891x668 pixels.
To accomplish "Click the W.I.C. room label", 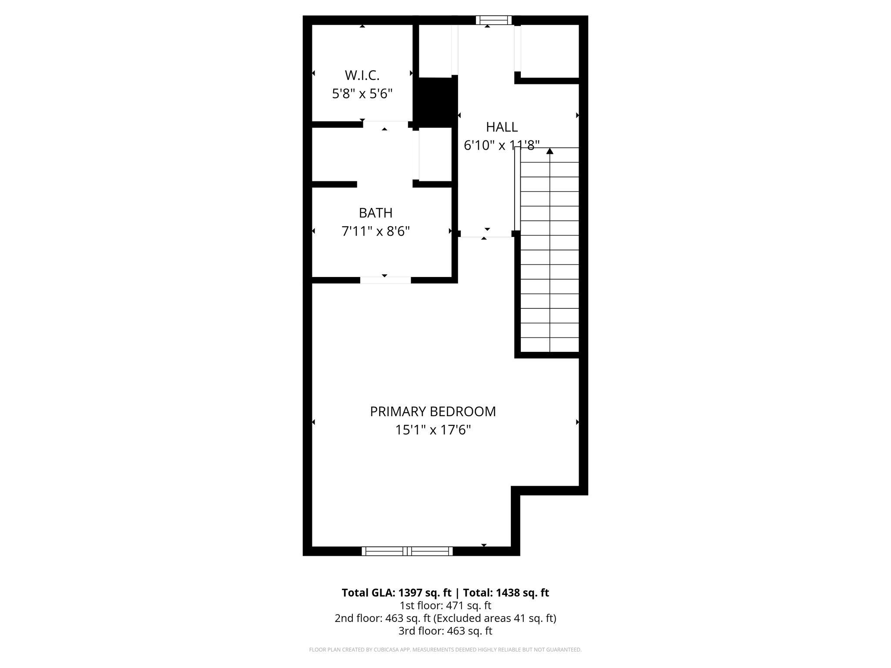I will pyautogui.click(x=362, y=75).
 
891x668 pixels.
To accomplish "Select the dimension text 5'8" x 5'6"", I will pyautogui.click(x=362, y=94).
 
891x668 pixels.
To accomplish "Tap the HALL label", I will pyautogui.click(x=502, y=127).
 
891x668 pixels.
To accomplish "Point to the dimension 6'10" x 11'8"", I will pyautogui.click(x=502, y=145).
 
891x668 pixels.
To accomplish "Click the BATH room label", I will pyautogui.click(x=375, y=213).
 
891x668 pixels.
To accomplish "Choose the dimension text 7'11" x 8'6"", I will pyautogui.click(x=375, y=231).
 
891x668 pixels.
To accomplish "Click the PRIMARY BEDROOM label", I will pyautogui.click(x=432, y=411).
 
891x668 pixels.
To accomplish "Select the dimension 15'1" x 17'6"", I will pyautogui.click(x=432, y=430).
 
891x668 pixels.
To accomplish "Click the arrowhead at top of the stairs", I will pyautogui.click(x=550, y=151).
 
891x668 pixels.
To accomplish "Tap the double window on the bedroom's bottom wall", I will pyautogui.click(x=407, y=551).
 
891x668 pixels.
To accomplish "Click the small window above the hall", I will pyautogui.click(x=493, y=20).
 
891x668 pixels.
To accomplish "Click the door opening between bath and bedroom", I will pyautogui.click(x=385, y=280).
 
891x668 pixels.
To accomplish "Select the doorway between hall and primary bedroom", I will pyautogui.click(x=486, y=235).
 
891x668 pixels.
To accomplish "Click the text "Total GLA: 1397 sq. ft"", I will pyautogui.click(x=396, y=593).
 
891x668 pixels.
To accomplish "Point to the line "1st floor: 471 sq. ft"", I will pyautogui.click(x=445, y=605).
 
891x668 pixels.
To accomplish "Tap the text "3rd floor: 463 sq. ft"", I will pyautogui.click(x=445, y=631).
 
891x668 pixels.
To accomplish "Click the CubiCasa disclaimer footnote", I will pyautogui.click(x=445, y=650).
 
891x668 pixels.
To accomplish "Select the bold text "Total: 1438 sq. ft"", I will pyautogui.click(x=506, y=593).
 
